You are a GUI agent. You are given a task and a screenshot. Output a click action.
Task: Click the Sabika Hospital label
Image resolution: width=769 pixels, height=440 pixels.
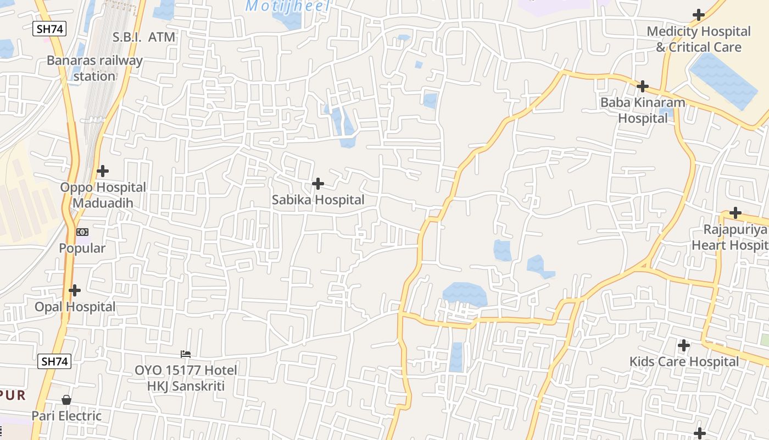318,200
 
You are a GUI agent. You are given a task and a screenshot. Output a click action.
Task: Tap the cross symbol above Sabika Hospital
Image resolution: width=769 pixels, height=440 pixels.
318,184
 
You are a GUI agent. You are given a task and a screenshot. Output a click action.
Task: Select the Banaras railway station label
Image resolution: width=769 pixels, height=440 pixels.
94,68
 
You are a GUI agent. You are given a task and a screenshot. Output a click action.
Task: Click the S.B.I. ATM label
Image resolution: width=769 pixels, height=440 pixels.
144,37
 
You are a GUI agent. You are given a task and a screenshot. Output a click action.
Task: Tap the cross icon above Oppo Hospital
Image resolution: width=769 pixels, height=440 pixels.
103,171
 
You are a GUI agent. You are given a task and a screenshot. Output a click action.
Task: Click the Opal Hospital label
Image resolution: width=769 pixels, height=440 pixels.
75,307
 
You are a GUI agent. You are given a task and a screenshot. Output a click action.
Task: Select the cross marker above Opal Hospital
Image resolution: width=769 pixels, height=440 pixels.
75,290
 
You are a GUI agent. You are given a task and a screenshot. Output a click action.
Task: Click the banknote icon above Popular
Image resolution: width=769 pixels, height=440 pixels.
82,232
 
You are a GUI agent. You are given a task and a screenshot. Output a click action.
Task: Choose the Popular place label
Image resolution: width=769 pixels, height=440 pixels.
82,249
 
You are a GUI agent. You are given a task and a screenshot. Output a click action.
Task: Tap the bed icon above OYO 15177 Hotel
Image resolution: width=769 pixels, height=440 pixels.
186,354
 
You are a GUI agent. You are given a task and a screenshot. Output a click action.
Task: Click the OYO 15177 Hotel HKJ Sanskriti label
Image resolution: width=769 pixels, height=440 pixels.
186,378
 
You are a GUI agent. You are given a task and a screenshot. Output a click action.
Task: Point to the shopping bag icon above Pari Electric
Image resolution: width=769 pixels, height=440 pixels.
66,400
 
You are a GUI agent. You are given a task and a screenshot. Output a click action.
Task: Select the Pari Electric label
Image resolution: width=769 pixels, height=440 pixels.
66,416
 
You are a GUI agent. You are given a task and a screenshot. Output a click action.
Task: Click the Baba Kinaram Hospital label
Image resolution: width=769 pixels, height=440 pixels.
643,110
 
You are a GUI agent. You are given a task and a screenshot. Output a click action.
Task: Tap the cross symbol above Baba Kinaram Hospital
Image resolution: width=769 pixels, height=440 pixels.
643,86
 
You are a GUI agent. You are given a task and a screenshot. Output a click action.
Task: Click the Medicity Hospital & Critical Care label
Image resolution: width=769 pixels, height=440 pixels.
699,39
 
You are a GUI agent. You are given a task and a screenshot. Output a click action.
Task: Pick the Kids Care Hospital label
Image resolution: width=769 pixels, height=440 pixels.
684,362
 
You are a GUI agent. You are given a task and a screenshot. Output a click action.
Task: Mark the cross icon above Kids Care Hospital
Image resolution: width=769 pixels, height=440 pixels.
684,345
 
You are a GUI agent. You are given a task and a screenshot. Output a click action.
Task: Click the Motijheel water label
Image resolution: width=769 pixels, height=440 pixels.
287,7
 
